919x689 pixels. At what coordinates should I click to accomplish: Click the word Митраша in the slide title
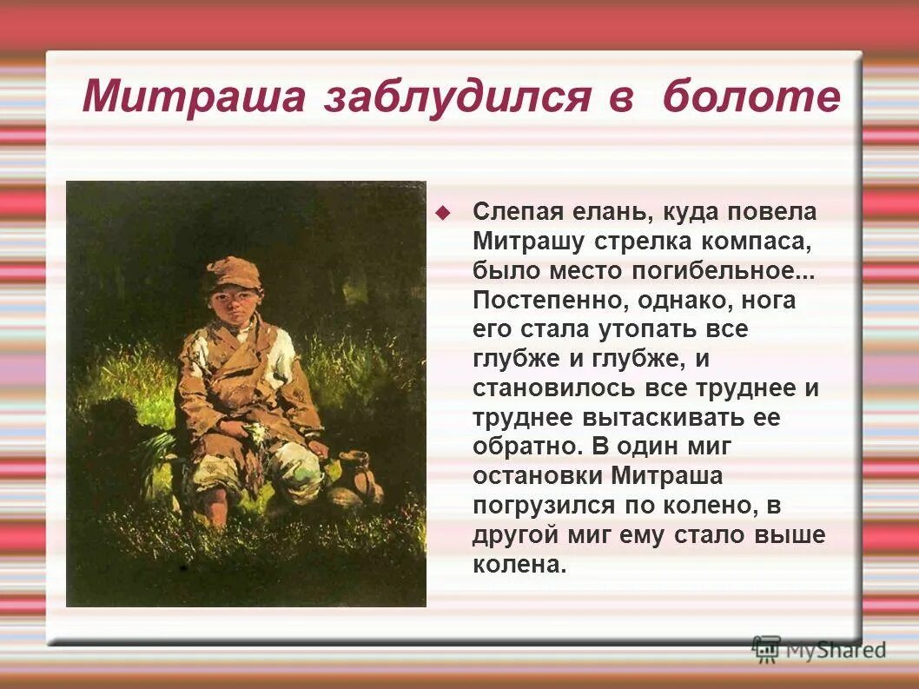(194, 97)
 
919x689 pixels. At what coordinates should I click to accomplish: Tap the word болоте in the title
(751, 97)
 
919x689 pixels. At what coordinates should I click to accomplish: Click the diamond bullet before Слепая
(443, 212)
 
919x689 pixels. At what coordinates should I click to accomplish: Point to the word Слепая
(519, 211)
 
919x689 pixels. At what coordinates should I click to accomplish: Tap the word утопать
(649, 329)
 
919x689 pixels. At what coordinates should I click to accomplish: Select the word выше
(790, 536)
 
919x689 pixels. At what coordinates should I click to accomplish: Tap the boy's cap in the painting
(233, 273)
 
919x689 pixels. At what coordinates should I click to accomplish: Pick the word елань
(612, 211)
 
